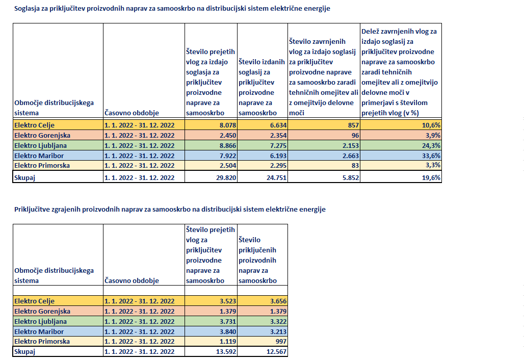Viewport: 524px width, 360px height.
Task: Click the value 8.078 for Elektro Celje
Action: [x=227, y=125]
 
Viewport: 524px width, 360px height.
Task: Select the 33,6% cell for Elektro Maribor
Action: [x=431, y=156]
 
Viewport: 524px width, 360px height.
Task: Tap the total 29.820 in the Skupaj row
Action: [x=226, y=178]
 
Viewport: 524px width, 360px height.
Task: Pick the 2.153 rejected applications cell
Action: [x=351, y=146]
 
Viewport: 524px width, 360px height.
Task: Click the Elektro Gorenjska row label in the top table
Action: [x=42, y=135]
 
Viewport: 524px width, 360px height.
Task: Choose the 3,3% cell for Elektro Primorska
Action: [x=433, y=165]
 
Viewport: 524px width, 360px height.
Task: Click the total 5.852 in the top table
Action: [x=351, y=178]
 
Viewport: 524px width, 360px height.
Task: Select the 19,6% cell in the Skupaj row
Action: [x=431, y=178]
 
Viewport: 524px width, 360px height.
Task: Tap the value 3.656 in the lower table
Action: [x=278, y=301]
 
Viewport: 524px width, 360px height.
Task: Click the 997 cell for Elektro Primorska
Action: [x=281, y=341]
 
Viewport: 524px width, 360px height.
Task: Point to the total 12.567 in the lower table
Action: [x=276, y=352]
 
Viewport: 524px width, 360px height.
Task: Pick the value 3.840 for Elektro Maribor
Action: [x=227, y=331]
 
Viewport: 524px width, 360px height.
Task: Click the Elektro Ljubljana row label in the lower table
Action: [x=40, y=322]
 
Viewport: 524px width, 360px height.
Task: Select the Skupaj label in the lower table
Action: [x=24, y=352]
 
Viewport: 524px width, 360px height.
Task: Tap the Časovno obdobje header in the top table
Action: [x=132, y=113]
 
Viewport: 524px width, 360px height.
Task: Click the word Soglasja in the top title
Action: [x=27, y=9]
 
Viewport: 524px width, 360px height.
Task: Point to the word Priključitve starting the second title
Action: [x=32, y=210]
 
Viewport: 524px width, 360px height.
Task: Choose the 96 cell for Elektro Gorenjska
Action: [x=355, y=135]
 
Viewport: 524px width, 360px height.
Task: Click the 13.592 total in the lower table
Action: [x=226, y=352]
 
